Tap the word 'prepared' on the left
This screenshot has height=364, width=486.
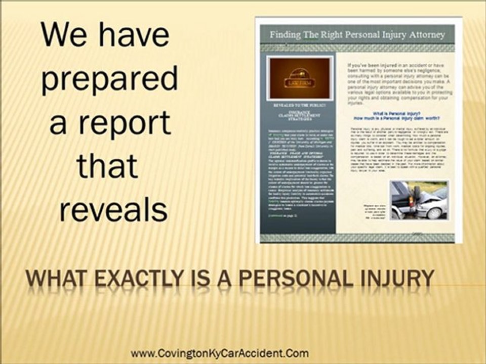coord(109,80)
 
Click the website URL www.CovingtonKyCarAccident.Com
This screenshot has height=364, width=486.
coord(219,353)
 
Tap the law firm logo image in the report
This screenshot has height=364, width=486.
coord(301,77)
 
